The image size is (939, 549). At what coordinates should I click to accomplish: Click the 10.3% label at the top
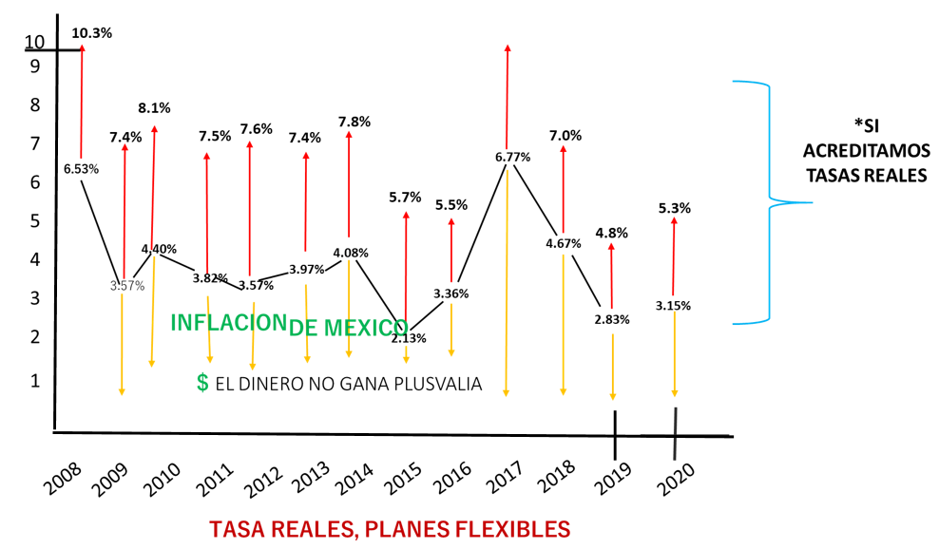click(x=92, y=32)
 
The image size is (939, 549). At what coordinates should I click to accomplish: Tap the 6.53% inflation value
click(x=81, y=168)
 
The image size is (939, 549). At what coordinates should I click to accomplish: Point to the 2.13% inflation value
click(x=409, y=337)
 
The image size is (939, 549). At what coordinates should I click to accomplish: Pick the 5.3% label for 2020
click(x=674, y=207)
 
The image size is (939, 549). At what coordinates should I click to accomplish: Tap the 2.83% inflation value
click(x=611, y=319)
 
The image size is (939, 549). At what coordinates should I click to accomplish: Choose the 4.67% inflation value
click(x=563, y=243)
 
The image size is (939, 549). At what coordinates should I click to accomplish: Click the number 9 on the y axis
click(x=34, y=66)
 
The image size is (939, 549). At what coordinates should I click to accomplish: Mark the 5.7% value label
click(x=405, y=198)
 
